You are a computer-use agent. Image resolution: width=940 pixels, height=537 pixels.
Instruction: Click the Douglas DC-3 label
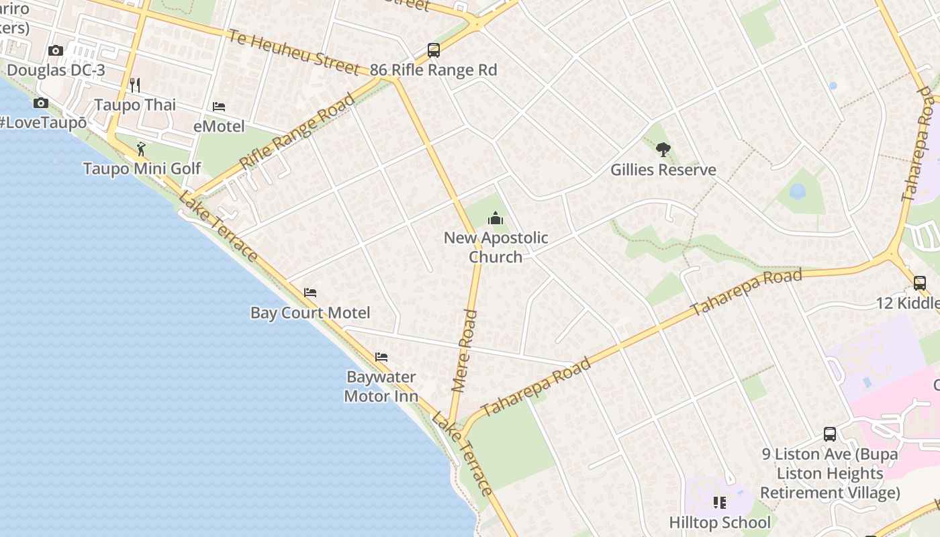[56, 70]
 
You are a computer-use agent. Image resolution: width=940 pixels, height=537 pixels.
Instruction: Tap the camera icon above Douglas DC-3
[56, 50]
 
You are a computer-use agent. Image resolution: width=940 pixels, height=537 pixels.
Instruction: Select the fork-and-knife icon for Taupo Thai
[135, 85]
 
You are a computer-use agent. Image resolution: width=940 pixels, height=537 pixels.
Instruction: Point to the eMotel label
[219, 126]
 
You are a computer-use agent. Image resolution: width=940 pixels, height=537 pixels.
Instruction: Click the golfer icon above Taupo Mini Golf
[141, 148]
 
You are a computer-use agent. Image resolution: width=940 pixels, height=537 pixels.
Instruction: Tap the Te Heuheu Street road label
[293, 52]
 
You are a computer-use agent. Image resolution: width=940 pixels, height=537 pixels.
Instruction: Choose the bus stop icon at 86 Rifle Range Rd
[434, 50]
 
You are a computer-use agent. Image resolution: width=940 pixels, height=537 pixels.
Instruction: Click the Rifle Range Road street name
[297, 132]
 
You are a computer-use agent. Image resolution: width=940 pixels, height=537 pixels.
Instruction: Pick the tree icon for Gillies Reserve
[663, 150]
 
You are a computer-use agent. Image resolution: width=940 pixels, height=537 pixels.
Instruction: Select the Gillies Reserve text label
[663, 170]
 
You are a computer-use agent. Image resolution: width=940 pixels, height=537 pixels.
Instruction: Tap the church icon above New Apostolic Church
[496, 218]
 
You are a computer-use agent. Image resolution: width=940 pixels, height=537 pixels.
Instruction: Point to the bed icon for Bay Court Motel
[310, 293]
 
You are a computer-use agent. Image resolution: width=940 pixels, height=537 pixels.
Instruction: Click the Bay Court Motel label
[310, 313]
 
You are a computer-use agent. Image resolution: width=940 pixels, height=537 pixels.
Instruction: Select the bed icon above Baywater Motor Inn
[381, 357]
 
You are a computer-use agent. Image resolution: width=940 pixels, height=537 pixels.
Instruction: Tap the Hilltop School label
[720, 522]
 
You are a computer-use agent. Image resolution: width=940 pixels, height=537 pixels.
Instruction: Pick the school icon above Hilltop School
[720, 502]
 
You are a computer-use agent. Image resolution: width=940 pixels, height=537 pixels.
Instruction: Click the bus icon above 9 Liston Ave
[830, 434]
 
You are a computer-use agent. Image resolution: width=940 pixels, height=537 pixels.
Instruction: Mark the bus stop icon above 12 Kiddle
[920, 283]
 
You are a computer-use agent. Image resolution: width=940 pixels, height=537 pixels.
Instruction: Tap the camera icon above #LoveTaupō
[41, 103]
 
